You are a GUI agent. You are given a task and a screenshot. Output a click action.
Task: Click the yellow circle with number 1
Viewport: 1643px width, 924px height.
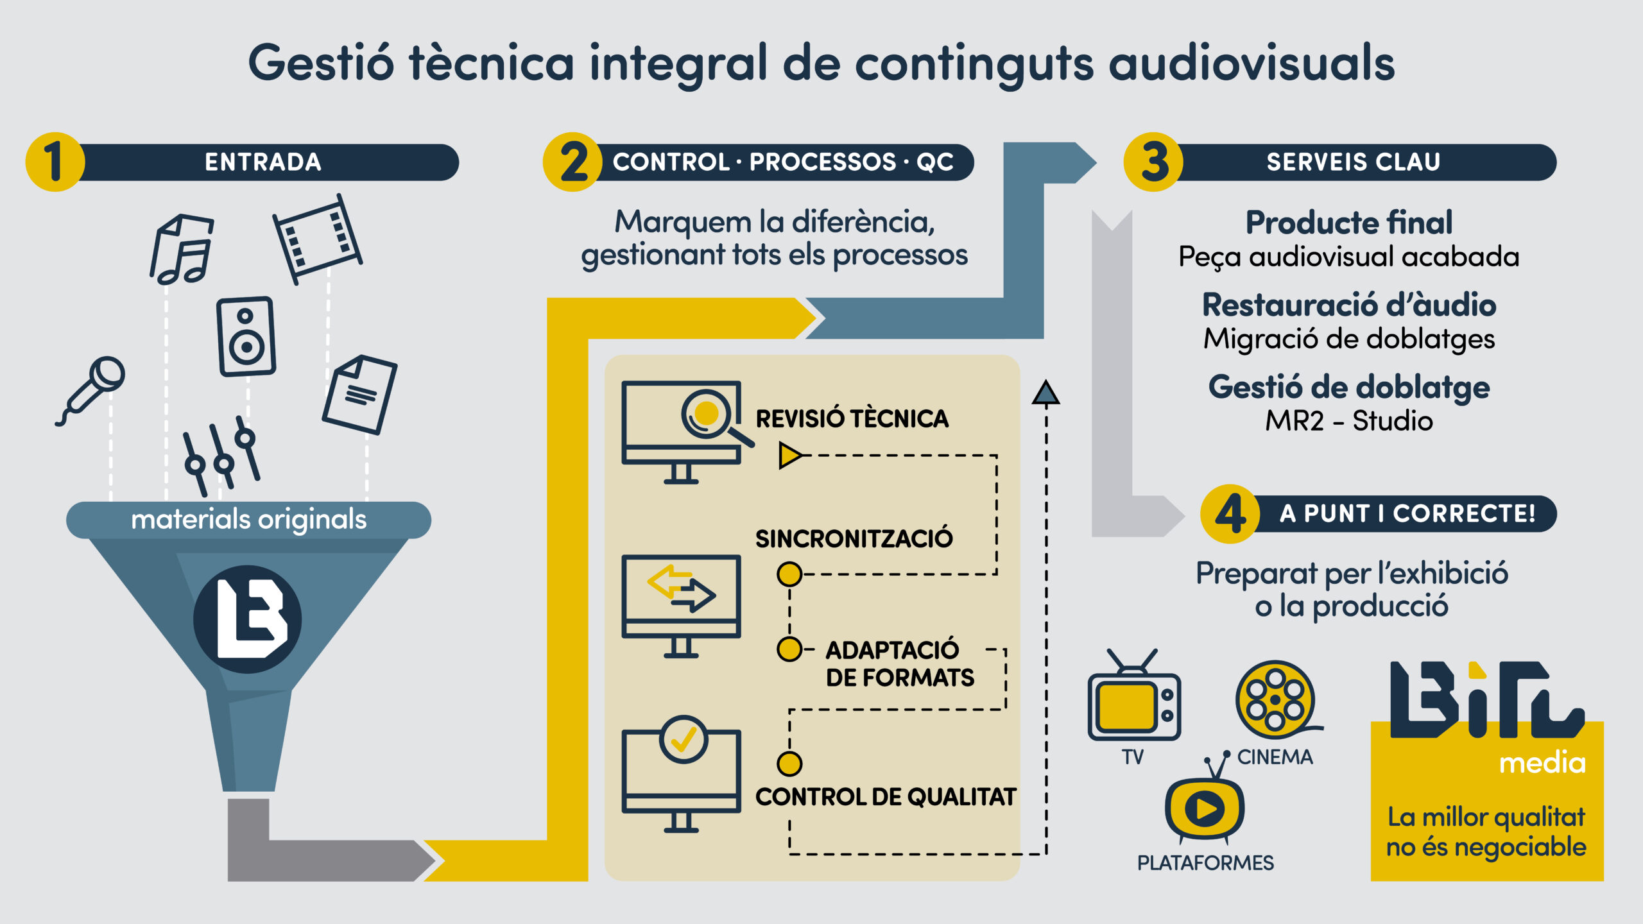(55, 162)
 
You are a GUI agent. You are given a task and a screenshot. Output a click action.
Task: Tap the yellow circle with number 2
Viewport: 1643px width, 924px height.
(572, 162)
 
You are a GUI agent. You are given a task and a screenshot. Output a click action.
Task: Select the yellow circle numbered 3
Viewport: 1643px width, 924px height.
(1153, 162)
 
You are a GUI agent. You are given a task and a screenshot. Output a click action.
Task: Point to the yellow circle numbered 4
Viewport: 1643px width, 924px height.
(1230, 514)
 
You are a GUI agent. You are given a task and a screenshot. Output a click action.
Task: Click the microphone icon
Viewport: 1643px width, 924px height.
(92, 389)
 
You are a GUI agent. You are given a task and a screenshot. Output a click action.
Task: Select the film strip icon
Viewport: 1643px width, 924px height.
(317, 239)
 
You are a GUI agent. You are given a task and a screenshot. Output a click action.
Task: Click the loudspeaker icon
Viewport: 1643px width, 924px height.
(246, 336)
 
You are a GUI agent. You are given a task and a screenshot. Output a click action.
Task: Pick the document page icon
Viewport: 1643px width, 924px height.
(359, 394)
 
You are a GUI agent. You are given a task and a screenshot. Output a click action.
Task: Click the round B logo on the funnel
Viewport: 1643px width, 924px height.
(248, 619)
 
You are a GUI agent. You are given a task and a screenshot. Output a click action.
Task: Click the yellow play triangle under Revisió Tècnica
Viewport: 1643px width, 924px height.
(789, 455)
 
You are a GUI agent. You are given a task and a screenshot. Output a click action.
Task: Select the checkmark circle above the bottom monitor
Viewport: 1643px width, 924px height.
(684, 739)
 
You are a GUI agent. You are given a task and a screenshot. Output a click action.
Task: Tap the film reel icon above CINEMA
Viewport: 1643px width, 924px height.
(1276, 699)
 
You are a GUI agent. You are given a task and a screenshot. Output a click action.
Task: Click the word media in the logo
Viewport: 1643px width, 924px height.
(1542, 763)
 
